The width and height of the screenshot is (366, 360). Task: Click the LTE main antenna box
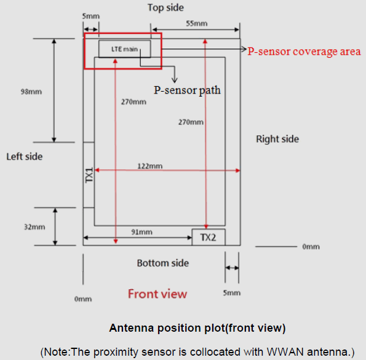tap(125, 49)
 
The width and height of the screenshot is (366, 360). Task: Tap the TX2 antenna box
tap(209, 237)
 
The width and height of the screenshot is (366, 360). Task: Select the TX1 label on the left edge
tap(89, 175)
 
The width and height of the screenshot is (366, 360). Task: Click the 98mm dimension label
tap(31, 92)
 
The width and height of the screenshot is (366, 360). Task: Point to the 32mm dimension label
tap(34, 227)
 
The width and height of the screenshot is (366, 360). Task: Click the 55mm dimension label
tap(197, 23)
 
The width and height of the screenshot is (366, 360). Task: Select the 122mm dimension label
tap(150, 166)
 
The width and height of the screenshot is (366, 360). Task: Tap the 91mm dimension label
tap(141, 232)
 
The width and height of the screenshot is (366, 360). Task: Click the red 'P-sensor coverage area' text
tap(304, 52)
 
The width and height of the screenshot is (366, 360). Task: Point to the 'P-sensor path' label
tap(187, 90)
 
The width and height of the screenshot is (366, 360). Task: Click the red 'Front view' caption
tap(157, 294)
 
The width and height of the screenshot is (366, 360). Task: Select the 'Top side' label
tap(165, 8)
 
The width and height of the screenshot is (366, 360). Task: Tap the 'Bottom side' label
tap(163, 263)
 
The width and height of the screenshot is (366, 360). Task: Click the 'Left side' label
tap(25, 156)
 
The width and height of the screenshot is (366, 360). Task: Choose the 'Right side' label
tap(277, 139)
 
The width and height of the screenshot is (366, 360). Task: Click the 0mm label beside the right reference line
tap(311, 247)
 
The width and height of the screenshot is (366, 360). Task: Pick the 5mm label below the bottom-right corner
tap(231, 293)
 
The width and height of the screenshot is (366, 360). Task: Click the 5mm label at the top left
tap(91, 16)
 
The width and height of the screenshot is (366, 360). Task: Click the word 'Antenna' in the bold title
tap(132, 328)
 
